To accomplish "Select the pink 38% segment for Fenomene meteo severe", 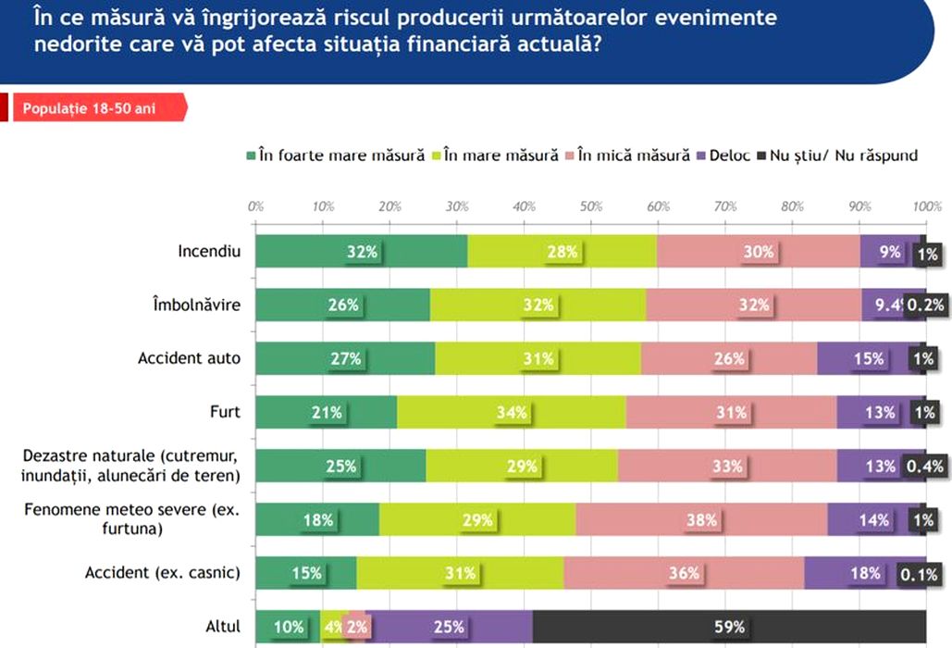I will point(701,519).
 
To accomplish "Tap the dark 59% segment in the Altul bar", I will point(729,627).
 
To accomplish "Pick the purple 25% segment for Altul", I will point(449,627).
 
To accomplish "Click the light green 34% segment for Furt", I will point(511,412).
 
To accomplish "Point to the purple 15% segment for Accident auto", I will point(869,358).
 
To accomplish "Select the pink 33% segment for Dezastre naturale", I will point(727,466).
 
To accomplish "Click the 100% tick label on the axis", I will point(926,206).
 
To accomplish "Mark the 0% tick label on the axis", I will point(256,206).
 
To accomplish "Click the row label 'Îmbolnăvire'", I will point(203,305).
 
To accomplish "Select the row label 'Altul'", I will point(223,627).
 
